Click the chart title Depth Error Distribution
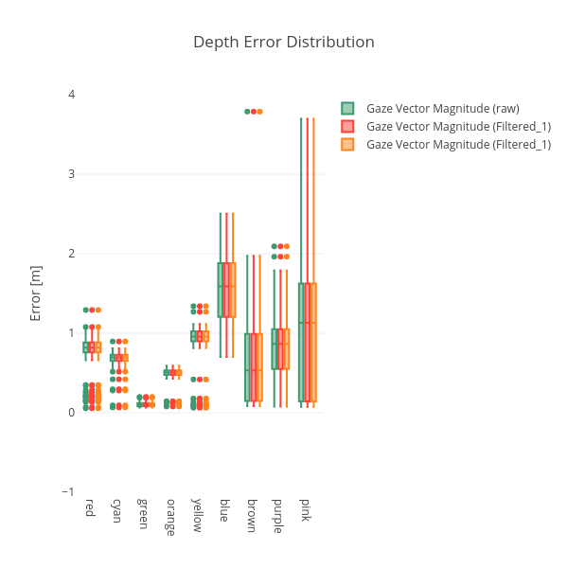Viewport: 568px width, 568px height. click(x=284, y=42)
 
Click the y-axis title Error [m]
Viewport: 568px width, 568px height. click(x=36, y=293)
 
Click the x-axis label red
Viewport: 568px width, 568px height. click(x=90, y=507)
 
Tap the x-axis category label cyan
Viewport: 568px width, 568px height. click(x=116, y=510)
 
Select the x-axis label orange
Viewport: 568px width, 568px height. click(x=170, y=517)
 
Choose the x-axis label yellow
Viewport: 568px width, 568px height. click(x=197, y=515)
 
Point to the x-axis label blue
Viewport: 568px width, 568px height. click(x=224, y=509)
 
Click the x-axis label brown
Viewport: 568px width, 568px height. click(x=251, y=515)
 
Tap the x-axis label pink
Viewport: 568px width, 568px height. click(x=305, y=509)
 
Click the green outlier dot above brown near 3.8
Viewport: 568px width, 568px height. click(x=247, y=112)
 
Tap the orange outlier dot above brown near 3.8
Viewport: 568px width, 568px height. click(x=259, y=112)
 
